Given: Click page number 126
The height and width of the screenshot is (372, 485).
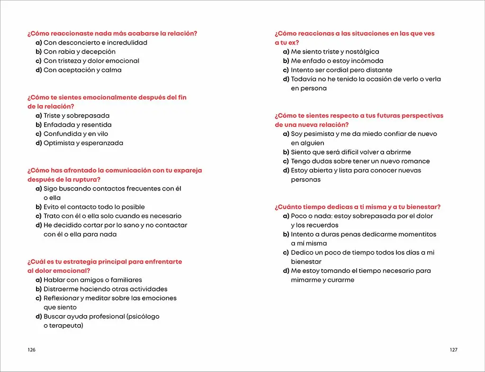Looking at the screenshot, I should pos(32,350).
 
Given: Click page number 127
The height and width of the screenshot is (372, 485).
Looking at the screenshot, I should pos(453,350).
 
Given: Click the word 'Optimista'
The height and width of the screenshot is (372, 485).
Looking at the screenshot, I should pos(59,143).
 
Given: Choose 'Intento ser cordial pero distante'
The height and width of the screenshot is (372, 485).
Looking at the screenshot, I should pos(341,70).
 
